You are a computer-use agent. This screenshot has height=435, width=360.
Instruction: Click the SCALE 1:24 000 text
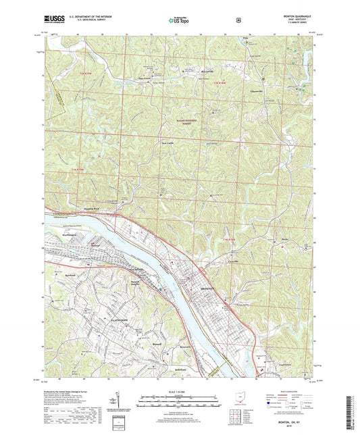[x=180, y=391]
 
